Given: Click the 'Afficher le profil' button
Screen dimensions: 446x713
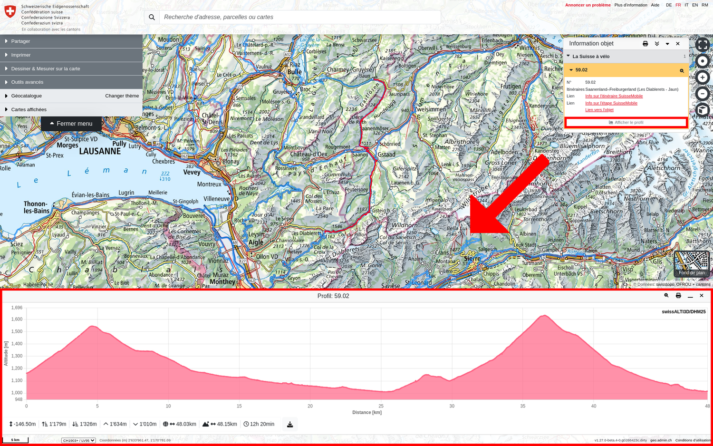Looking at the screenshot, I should (x=626, y=123).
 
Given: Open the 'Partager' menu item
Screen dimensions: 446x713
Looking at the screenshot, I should (x=20, y=41).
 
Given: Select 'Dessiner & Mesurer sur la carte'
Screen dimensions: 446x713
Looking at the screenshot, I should (x=46, y=69).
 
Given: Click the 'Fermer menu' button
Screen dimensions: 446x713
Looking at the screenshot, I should (x=71, y=124).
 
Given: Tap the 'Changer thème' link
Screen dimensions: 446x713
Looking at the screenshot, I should (x=122, y=96).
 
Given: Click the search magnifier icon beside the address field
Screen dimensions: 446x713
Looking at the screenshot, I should (x=152, y=17).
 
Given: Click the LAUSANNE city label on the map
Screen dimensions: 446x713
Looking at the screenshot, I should (x=100, y=152).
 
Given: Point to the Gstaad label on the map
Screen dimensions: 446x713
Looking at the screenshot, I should (x=386, y=155).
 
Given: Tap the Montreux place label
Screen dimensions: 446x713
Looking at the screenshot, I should (x=209, y=184).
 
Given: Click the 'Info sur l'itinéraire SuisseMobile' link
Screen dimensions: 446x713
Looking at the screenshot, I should (x=614, y=96).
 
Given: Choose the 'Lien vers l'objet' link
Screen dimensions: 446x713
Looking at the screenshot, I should (x=599, y=110).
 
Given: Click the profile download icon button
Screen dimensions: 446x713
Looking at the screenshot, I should (x=290, y=424).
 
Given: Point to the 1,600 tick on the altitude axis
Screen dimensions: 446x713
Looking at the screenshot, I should (x=17, y=320).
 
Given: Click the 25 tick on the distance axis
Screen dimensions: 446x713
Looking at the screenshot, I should (x=381, y=406).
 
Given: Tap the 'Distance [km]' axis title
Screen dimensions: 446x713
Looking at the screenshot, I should (x=366, y=412).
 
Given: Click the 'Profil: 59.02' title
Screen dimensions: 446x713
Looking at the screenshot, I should (x=333, y=296).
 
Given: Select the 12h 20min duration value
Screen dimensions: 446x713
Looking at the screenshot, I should (x=262, y=424).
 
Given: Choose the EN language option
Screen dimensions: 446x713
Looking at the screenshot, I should (x=695, y=5).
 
